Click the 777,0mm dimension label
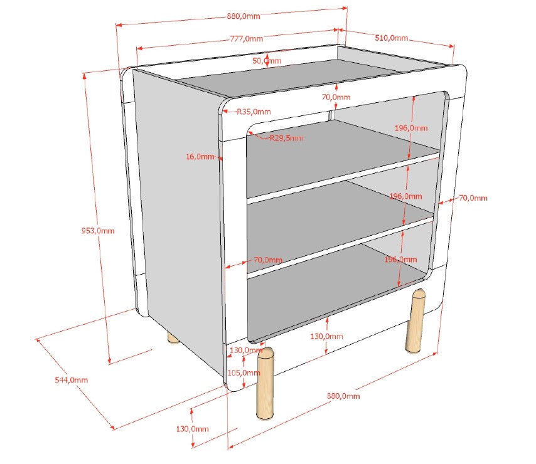point(247,39)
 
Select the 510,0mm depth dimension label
point(392,38)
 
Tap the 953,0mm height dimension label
point(98,231)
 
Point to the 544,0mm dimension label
point(72,380)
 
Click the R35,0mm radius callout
point(254,112)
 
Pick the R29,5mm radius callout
point(286,138)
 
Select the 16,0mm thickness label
point(200,157)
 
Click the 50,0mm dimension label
point(267,61)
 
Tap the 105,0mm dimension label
point(244,372)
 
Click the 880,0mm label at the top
point(244,16)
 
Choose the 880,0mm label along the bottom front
point(343,396)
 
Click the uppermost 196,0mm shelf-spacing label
point(411,128)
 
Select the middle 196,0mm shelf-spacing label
point(405,196)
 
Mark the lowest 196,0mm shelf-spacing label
point(400,260)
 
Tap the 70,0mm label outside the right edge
point(473,198)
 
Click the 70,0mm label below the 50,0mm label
point(336,97)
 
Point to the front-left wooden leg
point(265,383)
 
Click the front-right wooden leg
point(415,321)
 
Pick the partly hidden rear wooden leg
point(173,338)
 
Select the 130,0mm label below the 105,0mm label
point(193,429)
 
